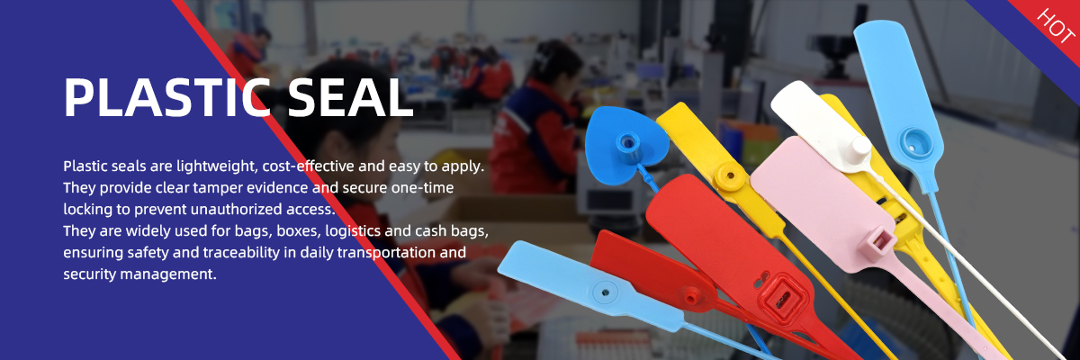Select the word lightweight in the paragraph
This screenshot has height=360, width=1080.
click(x=217, y=166)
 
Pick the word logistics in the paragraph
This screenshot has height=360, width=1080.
click(x=353, y=231)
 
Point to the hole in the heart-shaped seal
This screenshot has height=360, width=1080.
click(x=627, y=142)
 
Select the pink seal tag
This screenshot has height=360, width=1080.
click(x=820, y=202)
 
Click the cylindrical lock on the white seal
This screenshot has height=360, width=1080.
click(x=859, y=150)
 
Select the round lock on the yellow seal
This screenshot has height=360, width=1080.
click(x=730, y=175)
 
